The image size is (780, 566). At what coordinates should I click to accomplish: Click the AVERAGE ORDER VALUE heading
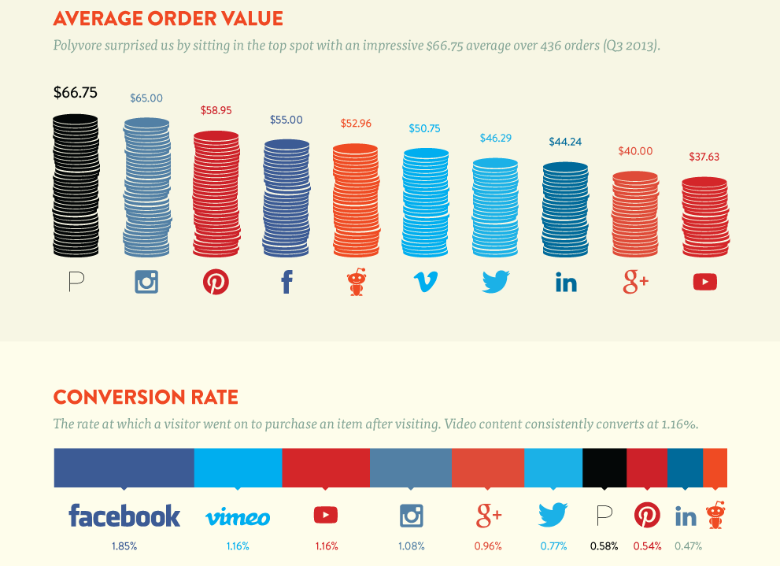pyautogui.click(x=168, y=18)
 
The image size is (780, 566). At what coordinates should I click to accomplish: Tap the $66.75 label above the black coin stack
pyautogui.click(x=76, y=92)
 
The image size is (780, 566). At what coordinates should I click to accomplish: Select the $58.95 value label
pyautogui.click(x=216, y=111)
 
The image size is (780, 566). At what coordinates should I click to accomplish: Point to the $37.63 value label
pyautogui.click(x=704, y=157)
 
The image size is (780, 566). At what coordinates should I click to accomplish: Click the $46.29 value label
pyautogui.click(x=495, y=138)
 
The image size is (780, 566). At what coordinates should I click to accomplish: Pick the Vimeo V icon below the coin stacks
pyautogui.click(x=426, y=282)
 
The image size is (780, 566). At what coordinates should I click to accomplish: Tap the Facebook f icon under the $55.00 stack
pyautogui.click(x=286, y=282)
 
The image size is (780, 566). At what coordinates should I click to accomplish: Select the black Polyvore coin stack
pyautogui.click(x=76, y=186)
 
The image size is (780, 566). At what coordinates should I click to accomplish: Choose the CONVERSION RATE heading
pyautogui.click(x=145, y=396)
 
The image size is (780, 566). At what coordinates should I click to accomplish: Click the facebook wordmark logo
pyautogui.click(x=124, y=516)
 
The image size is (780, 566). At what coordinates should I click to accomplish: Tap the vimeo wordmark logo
pyautogui.click(x=238, y=517)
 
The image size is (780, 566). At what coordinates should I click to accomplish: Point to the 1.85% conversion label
pyautogui.click(x=124, y=546)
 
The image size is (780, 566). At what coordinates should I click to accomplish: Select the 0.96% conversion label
pyautogui.click(x=488, y=546)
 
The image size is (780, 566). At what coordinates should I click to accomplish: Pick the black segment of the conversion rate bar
pyautogui.click(x=604, y=468)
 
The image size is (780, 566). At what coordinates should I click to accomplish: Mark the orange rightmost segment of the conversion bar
pyautogui.click(x=715, y=468)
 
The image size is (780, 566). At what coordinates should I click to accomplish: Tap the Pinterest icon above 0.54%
pyautogui.click(x=647, y=516)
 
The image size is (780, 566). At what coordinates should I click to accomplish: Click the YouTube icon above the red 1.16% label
pyautogui.click(x=325, y=516)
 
